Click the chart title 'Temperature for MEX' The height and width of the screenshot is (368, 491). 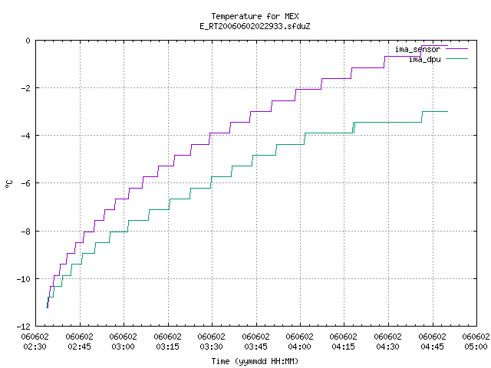[x=255, y=16]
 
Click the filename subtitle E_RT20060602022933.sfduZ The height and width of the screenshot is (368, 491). [x=255, y=26]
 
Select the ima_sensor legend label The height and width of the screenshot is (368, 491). [x=417, y=49]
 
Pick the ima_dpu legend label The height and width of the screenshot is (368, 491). [x=425, y=60]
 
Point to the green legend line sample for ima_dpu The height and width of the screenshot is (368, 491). [x=456, y=59]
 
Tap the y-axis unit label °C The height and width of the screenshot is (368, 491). [x=9, y=184]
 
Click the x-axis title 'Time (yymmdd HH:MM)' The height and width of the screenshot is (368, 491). [x=255, y=361]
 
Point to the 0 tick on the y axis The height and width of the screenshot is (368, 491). [x=28, y=41]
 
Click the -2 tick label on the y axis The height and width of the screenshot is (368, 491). [x=25, y=88]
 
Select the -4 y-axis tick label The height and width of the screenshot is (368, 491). [x=25, y=136]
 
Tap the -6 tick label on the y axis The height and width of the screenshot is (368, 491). [x=25, y=183]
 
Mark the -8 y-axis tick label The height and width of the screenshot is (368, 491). [x=25, y=232]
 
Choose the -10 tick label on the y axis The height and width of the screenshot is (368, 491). [x=24, y=279]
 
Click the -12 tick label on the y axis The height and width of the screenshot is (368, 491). [x=24, y=327]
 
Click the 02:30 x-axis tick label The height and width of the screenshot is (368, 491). [x=35, y=347]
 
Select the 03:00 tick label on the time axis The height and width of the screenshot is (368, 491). [x=124, y=347]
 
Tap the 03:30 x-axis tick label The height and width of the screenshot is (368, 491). [x=212, y=347]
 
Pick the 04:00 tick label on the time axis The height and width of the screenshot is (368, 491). [x=300, y=347]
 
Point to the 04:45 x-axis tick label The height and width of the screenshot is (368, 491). [x=433, y=347]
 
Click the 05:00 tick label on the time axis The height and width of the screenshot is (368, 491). [x=476, y=347]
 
